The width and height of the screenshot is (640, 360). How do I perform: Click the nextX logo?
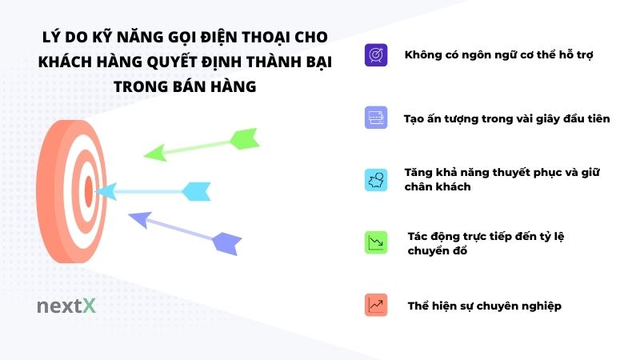point(66,306)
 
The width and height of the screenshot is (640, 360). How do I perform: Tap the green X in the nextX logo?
point(89,306)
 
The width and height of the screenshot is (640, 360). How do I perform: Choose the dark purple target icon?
point(375,55)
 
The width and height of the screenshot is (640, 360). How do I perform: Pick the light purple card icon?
point(375,118)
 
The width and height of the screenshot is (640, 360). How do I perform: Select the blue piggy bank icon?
point(375,179)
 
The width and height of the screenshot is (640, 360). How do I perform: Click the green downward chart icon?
point(375,242)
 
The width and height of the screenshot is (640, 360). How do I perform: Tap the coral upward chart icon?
point(375,305)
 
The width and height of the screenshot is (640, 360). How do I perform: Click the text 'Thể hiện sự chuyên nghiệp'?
point(484,306)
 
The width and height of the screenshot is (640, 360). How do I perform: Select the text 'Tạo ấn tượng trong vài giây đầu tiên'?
point(507,118)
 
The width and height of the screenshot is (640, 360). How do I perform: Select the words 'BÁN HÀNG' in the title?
point(217,86)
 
